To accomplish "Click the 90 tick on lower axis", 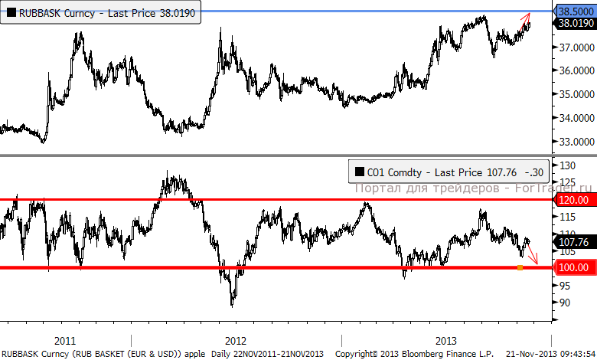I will tap(564, 303).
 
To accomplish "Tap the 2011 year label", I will tap(66, 339).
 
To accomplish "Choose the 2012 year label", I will tap(236, 339).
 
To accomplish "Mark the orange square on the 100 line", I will tap(520, 267).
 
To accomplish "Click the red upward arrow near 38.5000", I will tap(527, 20).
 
